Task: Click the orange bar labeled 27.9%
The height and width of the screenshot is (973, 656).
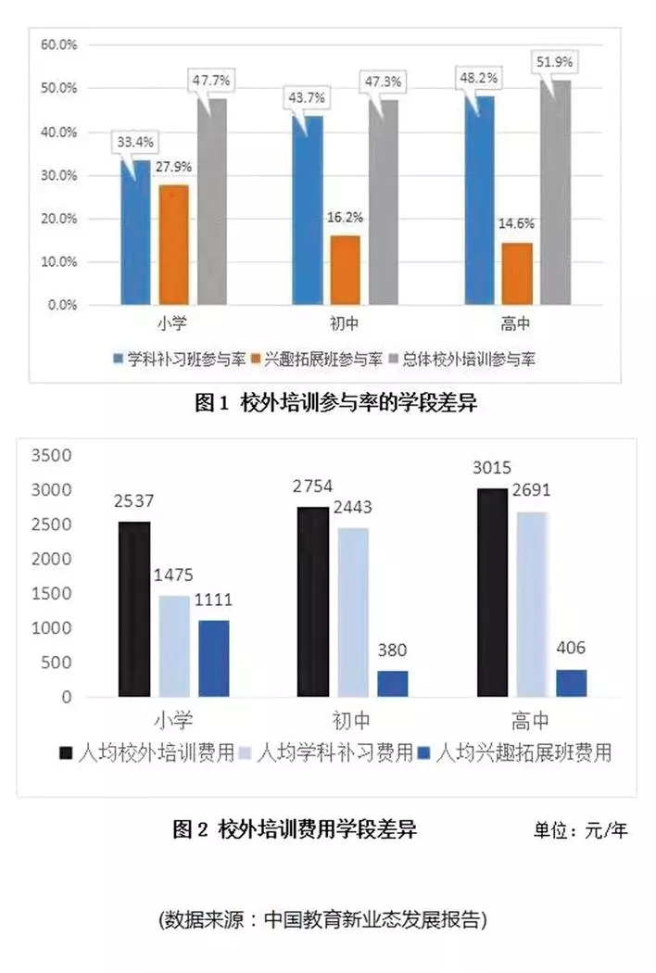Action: pyautogui.click(x=173, y=245)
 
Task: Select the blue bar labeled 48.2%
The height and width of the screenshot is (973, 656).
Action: pyautogui.click(x=479, y=200)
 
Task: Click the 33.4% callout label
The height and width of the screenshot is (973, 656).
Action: pyautogui.click(x=135, y=143)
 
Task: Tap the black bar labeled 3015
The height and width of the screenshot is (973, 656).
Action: pyautogui.click(x=492, y=592)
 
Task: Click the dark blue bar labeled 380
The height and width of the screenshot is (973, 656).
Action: pyautogui.click(x=392, y=684)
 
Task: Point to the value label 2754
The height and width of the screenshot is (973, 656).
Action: pyautogui.click(x=312, y=486)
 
